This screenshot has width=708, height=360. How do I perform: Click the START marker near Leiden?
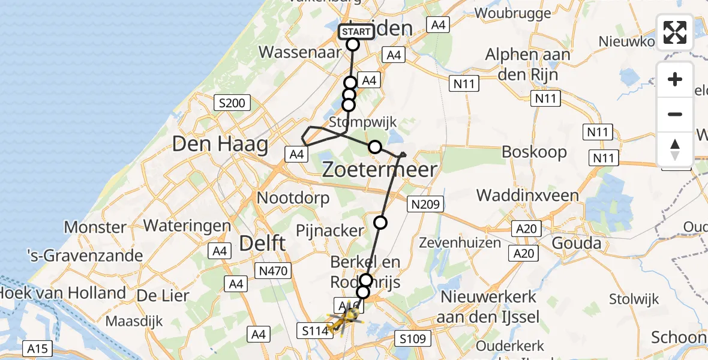[x=356, y=31]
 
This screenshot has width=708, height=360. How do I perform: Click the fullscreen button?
[x=675, y=32]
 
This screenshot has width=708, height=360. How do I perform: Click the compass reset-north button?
[x=675, y=149]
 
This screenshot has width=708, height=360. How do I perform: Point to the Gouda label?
[x=577, y=243]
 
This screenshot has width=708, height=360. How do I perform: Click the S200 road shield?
[x=232, y=103]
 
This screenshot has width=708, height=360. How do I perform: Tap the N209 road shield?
[x=425, y=204]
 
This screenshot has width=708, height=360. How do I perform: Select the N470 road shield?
[x=274, y=271]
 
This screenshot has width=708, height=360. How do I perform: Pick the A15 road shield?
[x=40, y=348]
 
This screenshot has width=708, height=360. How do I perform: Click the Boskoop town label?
[x=534, y=152]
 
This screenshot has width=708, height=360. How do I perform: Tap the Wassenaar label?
[x=295, y=52]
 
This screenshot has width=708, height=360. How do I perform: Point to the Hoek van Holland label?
[x=63, y=293]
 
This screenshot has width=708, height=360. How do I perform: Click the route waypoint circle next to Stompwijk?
[x=375, y=146]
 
